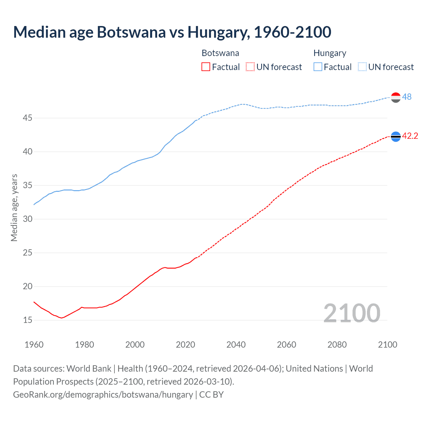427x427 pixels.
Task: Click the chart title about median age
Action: pyautogui.click(x=172, y=32)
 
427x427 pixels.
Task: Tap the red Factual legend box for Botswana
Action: pyautogui.click(x=206, y=67)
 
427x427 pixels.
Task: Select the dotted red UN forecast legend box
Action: pyautogui.click(x=250, y=67)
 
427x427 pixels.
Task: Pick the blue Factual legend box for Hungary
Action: pyautogui.click(x=318, y=67)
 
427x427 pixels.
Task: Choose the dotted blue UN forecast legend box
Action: pyautogui.click(x=362, y=67)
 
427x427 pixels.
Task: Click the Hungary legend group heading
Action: pyautogui.click(x=330, y=53)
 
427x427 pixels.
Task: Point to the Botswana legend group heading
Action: pyautogui.click(x=220, y=53)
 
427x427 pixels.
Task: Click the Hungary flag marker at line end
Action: pyautogui.click(x=396, y=97)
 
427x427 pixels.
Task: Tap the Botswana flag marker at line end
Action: pyautogui.click(x=396, y=136)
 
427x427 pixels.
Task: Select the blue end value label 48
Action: pyautogui.click(x=407, y=97)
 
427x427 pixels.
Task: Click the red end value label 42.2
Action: pyautogui.click(x=410, y=136)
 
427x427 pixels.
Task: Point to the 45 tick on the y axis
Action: pyautogui.click(x=28, y=118)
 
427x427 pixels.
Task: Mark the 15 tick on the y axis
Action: pyautogui.click(x=28, y=320)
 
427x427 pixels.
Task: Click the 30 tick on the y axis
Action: pyautogui.click(x=28, y=219)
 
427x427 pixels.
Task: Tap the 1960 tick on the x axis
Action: pyautogui.click(x=34, y=345)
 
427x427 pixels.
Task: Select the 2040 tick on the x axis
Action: pyautogui.click(x=236, y=345)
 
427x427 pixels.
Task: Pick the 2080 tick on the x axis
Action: pyautogui.click(x=337, y=345)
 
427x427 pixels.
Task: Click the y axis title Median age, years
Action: pyautogui.click(x=14, y=207)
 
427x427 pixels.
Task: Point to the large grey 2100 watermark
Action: pyautogui.click(x=352, y=313)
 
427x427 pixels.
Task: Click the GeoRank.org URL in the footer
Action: pyautogui.click(x=103, y=395)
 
